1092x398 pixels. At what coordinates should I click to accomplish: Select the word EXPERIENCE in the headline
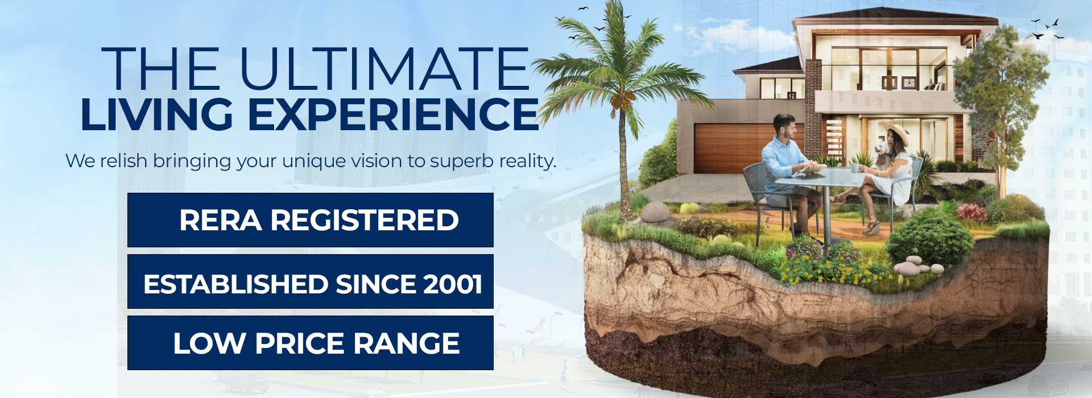[x=393, y=114]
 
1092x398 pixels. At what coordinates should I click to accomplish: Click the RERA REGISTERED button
[x=311, y=220]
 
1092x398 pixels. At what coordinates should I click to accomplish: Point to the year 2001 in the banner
[x=452, y=284]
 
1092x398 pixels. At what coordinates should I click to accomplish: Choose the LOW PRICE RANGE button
[x=311, y=343]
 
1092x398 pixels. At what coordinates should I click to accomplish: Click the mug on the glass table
[x=855, y=168]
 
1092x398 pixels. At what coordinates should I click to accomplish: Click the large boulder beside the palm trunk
[x=655, y=212]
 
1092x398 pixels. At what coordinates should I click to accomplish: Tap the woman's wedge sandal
[x=871, y=227]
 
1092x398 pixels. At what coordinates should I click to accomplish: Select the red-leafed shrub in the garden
[x=971, y=212]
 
